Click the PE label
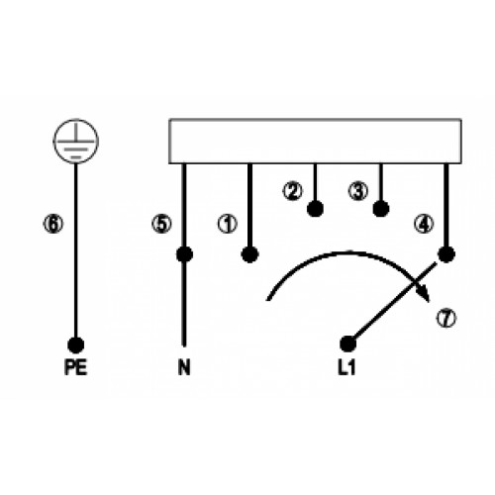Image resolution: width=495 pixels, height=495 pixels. click(x=76, y=367)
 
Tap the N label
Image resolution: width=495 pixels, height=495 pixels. click(x=184, y=367)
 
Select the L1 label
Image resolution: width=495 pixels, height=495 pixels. click(x=346, y=367)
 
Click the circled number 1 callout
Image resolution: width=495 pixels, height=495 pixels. click(x=228, y=224)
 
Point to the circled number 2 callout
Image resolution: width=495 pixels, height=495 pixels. click(x=292, y=191)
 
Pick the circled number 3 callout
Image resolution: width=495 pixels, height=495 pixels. click(x=358, y=191)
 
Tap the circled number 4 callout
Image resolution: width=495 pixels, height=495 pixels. click(x=424, y=225)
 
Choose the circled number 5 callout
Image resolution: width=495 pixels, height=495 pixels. click(x=161, y=224)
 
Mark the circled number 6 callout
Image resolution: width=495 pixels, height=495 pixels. click(x=53, y=224)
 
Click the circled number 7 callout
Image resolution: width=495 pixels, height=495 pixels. click(x=446, y=318)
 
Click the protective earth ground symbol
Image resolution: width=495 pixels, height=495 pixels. click(x=76, y=141)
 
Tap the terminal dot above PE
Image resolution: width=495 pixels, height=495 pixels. click(x=76, y=346)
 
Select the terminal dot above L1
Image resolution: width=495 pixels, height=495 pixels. click(x=348, y=345)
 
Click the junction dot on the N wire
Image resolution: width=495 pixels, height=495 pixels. click(x=184, y=254)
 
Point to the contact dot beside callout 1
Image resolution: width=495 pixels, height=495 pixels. click(x=249, y=254)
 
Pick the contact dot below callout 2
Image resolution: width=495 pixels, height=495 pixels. click(x=315, y=209)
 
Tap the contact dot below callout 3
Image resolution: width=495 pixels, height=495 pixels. click(x=381, y=209)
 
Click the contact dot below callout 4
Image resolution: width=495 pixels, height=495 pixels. click(x=446, y=254)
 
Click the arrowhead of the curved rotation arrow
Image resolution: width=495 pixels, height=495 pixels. click(x=424, y=293)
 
